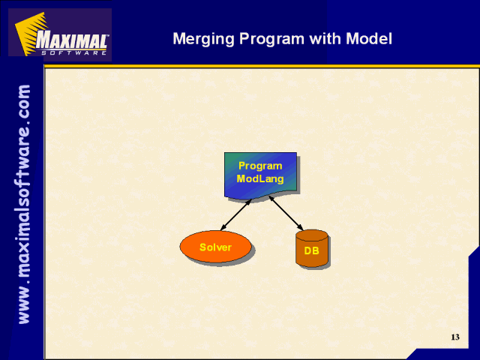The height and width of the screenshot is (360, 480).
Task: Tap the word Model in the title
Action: (369, 38)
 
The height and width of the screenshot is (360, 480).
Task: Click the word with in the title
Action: (325, 38)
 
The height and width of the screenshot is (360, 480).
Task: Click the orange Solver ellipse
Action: (215, 247)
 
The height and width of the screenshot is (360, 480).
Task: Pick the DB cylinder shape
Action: (312, 248)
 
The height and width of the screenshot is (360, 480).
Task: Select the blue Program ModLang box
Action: (260, 175)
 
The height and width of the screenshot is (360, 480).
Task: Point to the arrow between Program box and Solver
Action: (236, 214)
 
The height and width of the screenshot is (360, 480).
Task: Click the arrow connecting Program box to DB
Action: (286, 213)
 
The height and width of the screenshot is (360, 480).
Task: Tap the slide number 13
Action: (455, 337)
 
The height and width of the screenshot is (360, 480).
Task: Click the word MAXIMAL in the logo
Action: (71, 40)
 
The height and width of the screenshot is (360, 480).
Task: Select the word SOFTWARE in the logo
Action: (73, 52)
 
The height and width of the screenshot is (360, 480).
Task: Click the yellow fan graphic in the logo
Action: (30, 33)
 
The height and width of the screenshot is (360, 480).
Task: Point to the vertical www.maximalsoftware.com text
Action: (24, 204)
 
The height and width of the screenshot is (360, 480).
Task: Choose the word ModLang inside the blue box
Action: (260, 178)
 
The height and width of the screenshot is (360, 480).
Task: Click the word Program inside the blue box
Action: (260, 166)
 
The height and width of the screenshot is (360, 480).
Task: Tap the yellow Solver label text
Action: (215, 247)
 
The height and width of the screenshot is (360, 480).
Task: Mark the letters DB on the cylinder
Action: (312, 250)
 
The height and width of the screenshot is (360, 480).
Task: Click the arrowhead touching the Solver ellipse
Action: (223, 228)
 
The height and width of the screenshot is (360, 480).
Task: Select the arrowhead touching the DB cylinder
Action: (301, 228)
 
